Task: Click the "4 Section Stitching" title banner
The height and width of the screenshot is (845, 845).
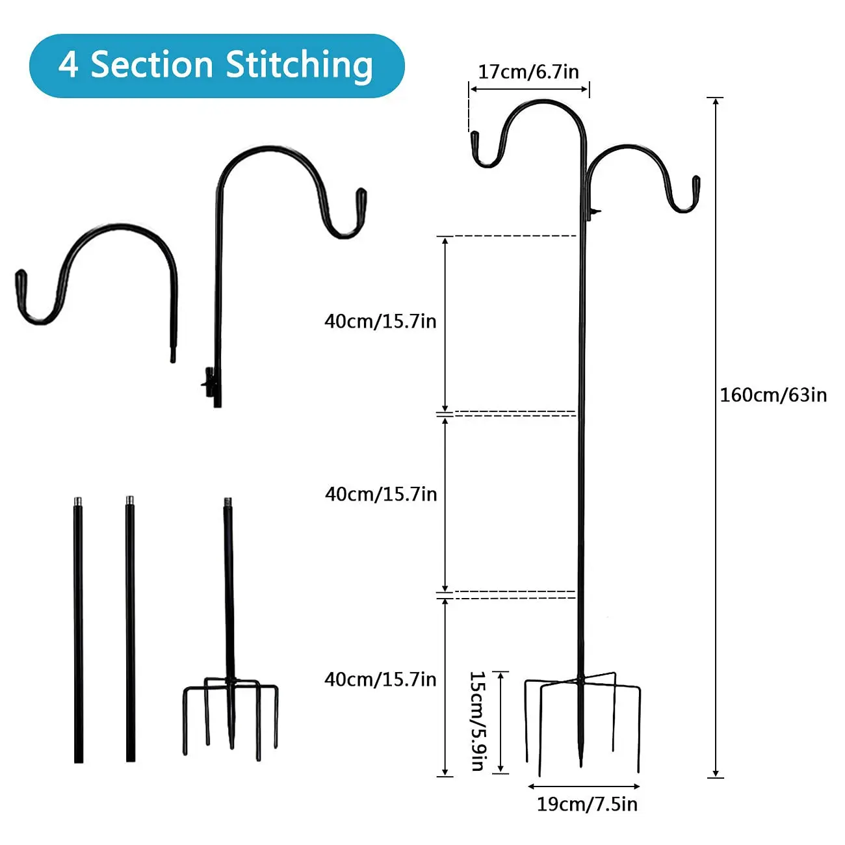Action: coord(216,66)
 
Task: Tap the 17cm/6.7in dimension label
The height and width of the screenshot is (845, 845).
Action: coord(528,71)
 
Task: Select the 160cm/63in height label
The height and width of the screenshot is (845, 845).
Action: coord(773,395)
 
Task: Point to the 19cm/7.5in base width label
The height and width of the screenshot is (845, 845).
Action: coord(586,804)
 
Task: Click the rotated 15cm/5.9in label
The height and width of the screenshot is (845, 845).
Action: coord(478,721)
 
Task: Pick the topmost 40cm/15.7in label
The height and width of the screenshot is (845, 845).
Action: coord(380,321)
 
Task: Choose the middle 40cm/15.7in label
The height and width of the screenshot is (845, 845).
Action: coord(380,494)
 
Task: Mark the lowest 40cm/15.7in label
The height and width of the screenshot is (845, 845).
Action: coord(380,679)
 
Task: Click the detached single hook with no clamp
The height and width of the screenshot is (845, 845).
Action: coord(97,273)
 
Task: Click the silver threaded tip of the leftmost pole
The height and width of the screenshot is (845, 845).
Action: coord(78,502)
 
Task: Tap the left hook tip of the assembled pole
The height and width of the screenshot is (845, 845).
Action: coord(474,140)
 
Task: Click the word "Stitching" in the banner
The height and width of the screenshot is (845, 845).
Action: coord(299,66)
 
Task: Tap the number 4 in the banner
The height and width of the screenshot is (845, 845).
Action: coord(68,65)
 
